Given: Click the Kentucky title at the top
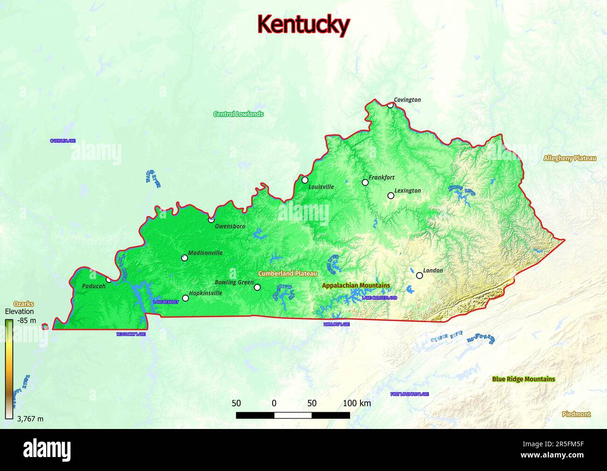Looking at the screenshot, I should [x=303, y=24].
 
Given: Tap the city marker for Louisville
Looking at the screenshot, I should [x=305, y=180].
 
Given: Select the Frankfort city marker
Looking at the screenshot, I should [x=365, y=183].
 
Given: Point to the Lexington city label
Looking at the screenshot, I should [x=408, y=190].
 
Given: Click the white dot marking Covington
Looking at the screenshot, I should [x=390, y=105].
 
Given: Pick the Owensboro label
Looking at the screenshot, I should [x=230, y=226].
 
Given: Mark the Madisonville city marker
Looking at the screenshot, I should [x=184, y=258].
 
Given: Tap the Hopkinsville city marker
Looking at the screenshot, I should [x=185, y=298].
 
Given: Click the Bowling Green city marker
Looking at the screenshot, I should [x=257, y=287].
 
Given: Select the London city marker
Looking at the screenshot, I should [x=419, y=275].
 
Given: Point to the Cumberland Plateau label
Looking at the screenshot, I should [x=288, y=274].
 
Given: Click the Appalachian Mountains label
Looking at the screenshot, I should [x=356, y=285].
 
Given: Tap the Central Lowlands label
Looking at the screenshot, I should [x=238, y=114].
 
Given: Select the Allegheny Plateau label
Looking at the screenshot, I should [x=570, y=158].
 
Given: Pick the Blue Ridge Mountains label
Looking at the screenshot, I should [x=523, y=379].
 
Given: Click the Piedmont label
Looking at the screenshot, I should [x=576, y=414].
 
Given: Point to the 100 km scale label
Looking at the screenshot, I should [x=357, y=403].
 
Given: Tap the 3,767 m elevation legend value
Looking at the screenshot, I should [x=30, y=419].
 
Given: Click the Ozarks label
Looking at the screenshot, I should [x=23, y=304].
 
